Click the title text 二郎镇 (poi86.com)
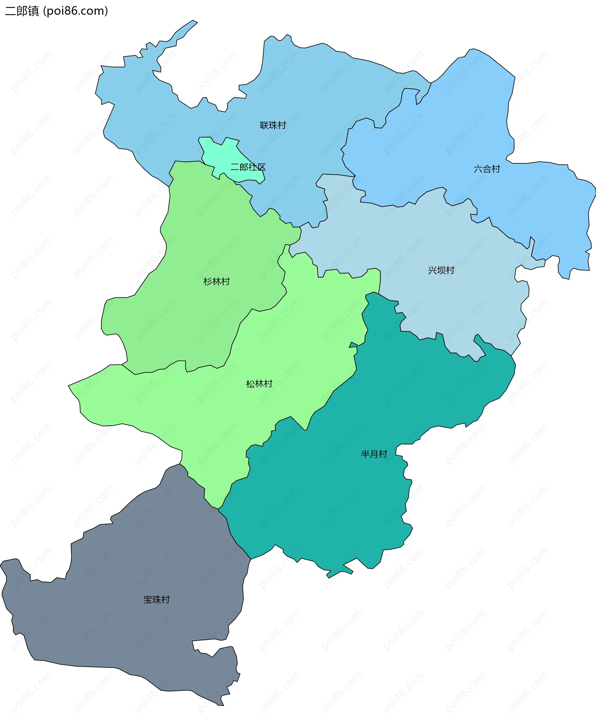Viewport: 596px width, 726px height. pyautogui.click(x=56, y=11)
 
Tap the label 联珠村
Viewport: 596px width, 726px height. pyautogui.click(x=273, y=125)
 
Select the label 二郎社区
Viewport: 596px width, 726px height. pyautogui.click(x=248, y=167)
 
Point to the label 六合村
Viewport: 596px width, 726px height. pyautogui.click(x=487, y=169)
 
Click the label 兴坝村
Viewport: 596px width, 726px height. pyautogui.click(x=441, y=270)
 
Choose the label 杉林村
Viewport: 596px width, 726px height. pyautogui.click(x=217, y=282)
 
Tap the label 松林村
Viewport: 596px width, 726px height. pyautogui.click(x=259, y=384)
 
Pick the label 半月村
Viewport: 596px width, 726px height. pyautogui.click(x=374, y=454)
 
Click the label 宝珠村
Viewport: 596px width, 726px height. pyautogui.click(x=156, y=600)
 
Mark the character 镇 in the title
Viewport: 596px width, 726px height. pyautogui.click(x=34, y=11)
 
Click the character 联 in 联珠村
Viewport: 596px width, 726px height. pyautogui.click(x=264, y=125)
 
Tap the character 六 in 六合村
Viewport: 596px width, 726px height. pyautogui.click(x=478, y=169)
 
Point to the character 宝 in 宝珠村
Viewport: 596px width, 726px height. pyautogui.click(x=148, y=600)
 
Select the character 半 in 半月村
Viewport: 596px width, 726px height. pyautogui.click(x=365, y=454)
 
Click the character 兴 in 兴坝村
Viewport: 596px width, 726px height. pyautogui.click(x=432, y=270)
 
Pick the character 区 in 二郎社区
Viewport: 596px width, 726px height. pyautogui.click(x=262, y=167)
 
